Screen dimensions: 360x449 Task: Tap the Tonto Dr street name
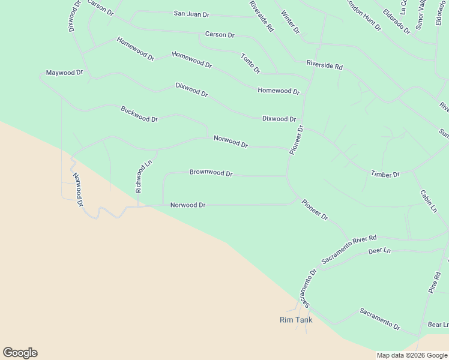250,64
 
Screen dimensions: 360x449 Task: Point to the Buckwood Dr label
139,114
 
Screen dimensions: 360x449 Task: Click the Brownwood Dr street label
211,173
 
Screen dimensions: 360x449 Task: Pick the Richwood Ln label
140,176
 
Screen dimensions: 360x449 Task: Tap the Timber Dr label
385,174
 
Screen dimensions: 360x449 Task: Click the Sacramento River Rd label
349,250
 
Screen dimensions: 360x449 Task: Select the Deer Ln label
379,250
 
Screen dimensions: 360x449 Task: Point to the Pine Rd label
435,283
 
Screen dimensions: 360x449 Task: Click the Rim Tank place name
296,320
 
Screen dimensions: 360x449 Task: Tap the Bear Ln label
438,325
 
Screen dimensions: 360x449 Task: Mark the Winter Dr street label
290,22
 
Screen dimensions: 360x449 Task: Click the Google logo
20,353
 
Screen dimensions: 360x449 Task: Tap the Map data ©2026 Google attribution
411,355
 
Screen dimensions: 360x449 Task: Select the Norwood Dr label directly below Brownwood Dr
188,205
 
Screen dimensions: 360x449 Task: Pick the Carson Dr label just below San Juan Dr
220,35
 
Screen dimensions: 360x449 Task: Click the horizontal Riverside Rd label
324,64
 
